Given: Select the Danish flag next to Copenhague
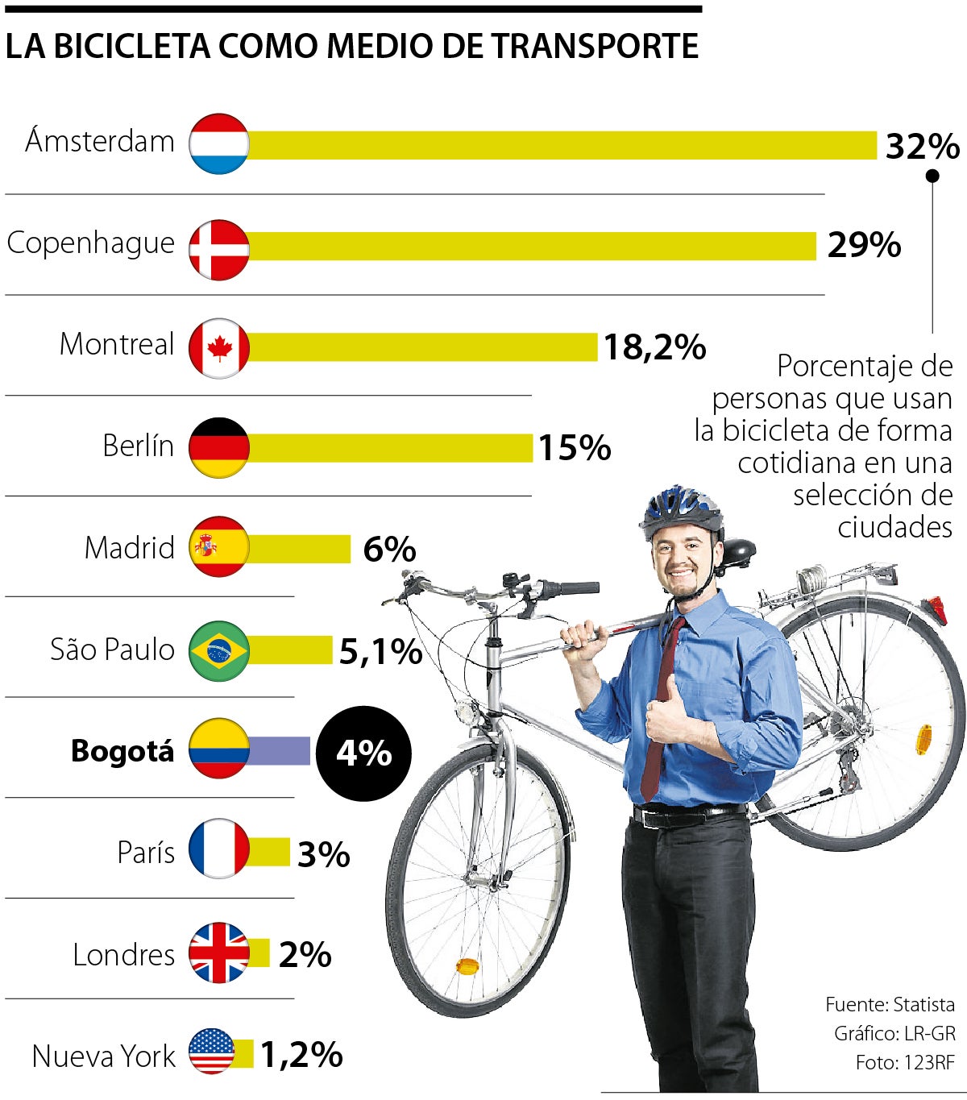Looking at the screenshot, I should pyautogui.click(x=219, y=249).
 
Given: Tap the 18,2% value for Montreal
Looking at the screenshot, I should pyautogui.click(x=654, y=347).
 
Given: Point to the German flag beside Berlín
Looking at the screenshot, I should pyautogui.click(x=219, y=447).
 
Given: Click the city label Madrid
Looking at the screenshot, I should pyautogui.click(x=130, y=548).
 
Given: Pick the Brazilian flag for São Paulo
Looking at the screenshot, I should pyautogui.click(x=219, y=650).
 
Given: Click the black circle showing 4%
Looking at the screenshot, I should pyautogui.click(x=363, y=753).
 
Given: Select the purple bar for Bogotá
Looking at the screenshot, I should pyautogui.click(x=279, y=750).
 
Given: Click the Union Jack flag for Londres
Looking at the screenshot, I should pyautogui.click(x=219, y=953).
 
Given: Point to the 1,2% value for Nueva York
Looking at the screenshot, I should pyautogui.click(x=301, y=1055).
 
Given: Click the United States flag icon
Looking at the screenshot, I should pyautogui.click(x=212, y=1052).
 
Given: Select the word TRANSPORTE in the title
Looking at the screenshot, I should pyautogui.click(x=596, y=46).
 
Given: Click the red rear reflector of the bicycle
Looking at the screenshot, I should pyautogui.click(x=936, y=609).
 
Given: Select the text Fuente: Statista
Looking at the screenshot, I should pyautogui.click(x=890, y=1005).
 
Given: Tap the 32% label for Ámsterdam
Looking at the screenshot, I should pyautogui.click(x=922, y=147).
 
